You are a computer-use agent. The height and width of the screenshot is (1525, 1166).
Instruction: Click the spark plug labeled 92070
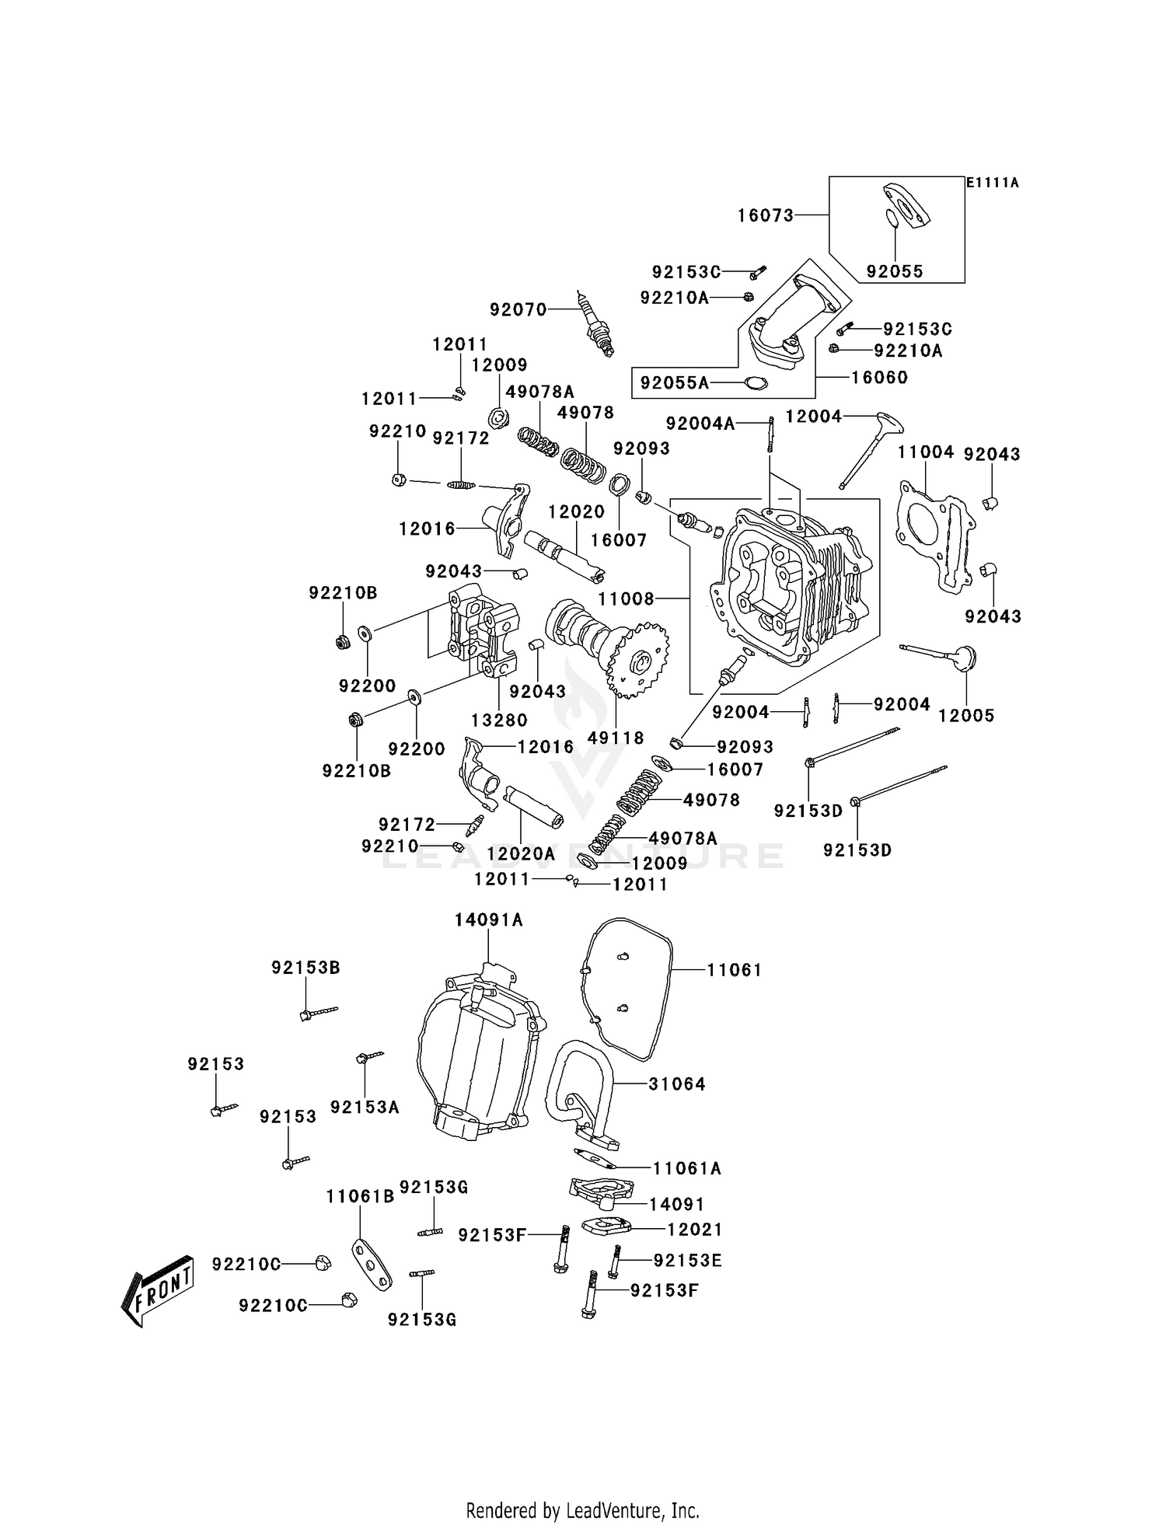(595, 324)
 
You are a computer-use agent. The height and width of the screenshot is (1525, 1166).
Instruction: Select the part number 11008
(626, 599)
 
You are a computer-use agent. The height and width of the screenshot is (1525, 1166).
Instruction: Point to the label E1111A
(992, 183)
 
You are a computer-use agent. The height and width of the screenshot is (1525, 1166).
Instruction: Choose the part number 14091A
(488, 920)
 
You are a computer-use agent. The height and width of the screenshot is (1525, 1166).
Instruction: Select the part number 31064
(677, 1084)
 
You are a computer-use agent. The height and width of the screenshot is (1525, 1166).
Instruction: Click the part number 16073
(766, 215)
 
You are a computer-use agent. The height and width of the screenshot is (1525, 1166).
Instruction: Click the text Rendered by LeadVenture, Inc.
(582, 1510)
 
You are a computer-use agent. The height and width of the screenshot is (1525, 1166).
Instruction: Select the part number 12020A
(521, 853)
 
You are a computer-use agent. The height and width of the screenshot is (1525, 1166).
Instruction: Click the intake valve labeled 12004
(871, 451)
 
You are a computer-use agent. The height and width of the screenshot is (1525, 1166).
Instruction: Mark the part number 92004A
(700, 423)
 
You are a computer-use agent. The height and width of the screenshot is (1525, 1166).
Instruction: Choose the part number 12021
(695, 1230)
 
